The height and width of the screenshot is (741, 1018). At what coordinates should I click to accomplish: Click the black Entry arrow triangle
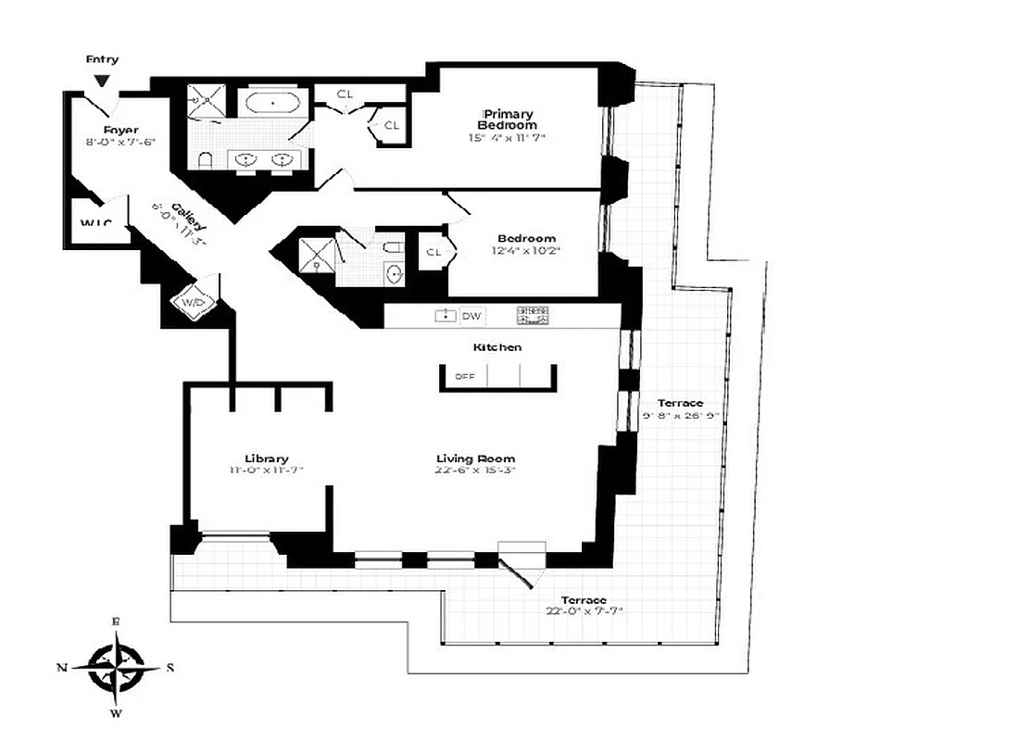click(x=103, y=81)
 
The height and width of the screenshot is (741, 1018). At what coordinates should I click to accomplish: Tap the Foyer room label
click(x=120, y=130)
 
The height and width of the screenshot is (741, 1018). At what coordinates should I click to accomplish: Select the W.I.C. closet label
click(x=96, y=223)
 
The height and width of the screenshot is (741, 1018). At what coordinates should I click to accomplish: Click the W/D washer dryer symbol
click(x=195, y=302)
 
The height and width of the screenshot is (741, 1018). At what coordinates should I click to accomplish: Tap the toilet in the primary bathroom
click(x=207, y=160)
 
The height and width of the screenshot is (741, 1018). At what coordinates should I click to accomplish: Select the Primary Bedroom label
click(x=507, y=119)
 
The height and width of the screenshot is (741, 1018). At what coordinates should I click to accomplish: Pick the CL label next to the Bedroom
click(x=434, y=252)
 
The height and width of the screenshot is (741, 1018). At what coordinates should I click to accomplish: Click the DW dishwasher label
click(x=472, y=317)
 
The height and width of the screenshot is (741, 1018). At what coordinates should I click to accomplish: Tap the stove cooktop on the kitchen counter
click(x=534, y=316)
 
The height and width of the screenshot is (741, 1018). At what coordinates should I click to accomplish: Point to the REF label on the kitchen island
click(x=464, y=377)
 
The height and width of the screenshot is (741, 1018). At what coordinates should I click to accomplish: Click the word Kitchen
click(x=497, y=347)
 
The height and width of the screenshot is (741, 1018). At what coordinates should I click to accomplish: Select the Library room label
click(x=267, y=458)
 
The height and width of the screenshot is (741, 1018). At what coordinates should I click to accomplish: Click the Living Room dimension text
click(x=476, y=471)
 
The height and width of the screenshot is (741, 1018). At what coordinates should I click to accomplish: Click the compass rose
click(x=116, y=665)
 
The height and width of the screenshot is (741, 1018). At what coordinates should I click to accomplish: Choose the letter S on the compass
click(x=170, y=667)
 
